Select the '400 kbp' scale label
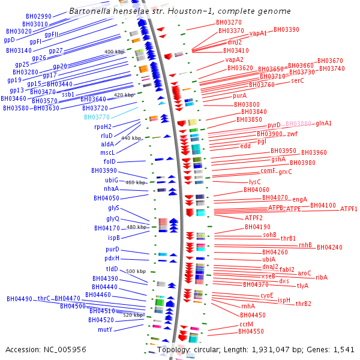coord(115,52)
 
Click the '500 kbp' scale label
coord(136,271)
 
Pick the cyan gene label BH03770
coord(97,117)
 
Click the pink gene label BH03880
coord(299,124)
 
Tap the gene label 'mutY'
coord(106,329)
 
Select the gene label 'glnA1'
coord(324,124)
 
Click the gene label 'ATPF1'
coord(349,209)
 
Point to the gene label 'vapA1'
coord(258,34)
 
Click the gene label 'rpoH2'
coord(103,127)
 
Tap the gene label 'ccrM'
coord(246,324)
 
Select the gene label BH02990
coord(39,16)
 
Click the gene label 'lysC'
coord(254,181)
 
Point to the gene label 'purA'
coord(239,95)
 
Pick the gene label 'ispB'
coord(106,238)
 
